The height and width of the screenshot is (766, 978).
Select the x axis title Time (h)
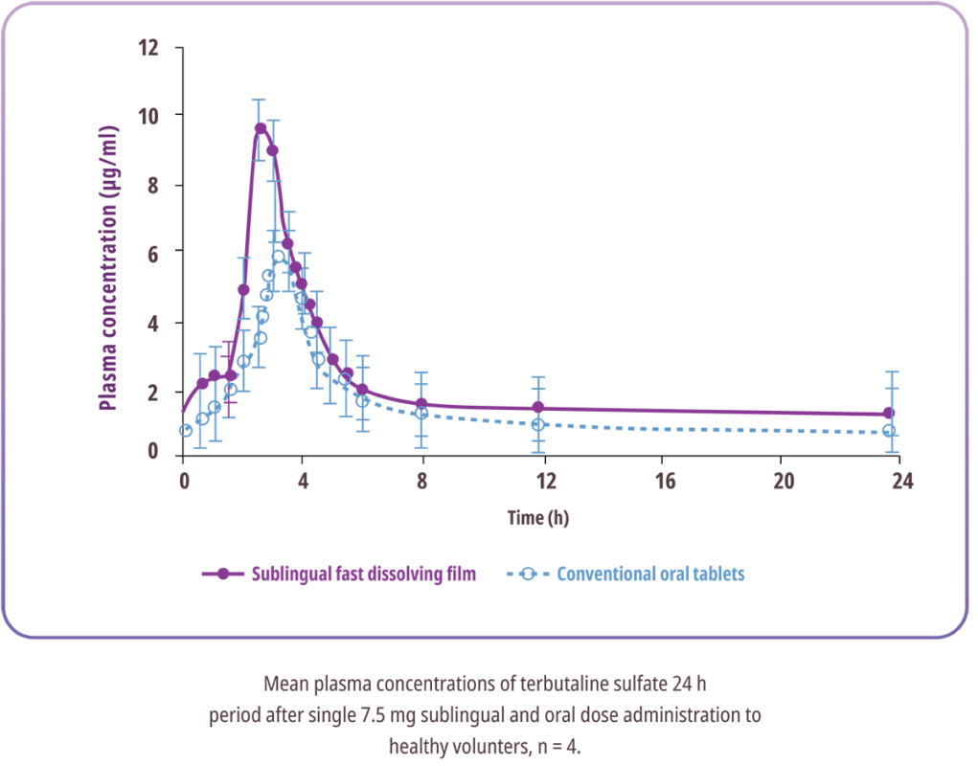point(538,518)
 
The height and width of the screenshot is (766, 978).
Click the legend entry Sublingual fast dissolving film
point(363,574)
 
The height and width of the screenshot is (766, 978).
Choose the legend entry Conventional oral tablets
point(651,574)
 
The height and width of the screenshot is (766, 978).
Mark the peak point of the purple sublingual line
point(261,127)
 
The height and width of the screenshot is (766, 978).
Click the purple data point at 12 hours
point(538,408)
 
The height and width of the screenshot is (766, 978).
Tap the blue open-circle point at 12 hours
point(538,424)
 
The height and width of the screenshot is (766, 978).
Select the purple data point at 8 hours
point(421,403)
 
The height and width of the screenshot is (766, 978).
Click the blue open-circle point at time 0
point(185,431)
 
